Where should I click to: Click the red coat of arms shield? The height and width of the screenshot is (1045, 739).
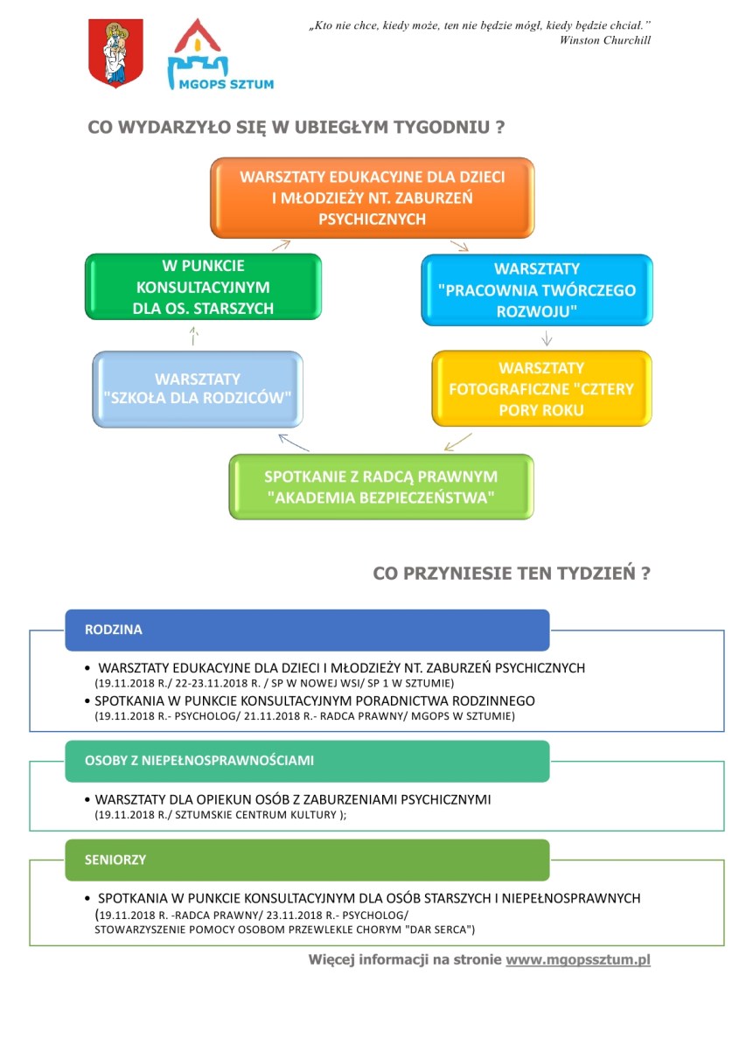coord(115,52)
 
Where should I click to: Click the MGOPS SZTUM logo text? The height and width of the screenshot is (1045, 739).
coord(226,84)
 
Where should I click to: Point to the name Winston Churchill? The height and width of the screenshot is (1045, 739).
coord(604,40)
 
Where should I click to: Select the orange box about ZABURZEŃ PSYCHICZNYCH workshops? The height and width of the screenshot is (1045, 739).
coord(372,198)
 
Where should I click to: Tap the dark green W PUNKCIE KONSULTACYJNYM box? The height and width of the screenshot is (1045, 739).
coord(203,287)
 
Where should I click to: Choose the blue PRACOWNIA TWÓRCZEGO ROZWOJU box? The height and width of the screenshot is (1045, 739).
coord(536,290)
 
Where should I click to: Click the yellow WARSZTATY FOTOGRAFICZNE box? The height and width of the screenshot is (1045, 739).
coord(541,388)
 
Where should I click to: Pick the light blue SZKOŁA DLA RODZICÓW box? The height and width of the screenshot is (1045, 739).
coord(198,389)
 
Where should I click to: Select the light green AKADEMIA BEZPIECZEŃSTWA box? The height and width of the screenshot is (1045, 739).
coord(381,486)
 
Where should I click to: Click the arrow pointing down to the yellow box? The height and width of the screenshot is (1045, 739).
coord(547,338)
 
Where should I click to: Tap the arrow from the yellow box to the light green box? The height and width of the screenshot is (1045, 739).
coord(457,442)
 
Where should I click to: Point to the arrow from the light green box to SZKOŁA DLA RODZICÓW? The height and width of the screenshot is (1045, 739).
coord(293,442)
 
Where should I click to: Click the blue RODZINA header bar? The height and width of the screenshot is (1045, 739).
coord(307,630)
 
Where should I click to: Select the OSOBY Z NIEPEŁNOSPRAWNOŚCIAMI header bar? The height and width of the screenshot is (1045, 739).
coord(307,761)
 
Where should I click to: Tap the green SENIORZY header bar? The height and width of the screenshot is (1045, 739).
coord(307,860)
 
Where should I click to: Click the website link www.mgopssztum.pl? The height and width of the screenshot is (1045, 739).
coord(578,959)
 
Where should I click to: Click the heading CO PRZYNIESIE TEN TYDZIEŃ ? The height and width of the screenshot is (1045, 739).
coord(511,573)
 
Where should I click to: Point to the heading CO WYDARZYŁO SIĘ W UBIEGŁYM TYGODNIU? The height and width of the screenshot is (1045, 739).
coord(296,127)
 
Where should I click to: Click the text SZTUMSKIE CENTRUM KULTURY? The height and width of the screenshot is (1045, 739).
coord(256,815)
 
